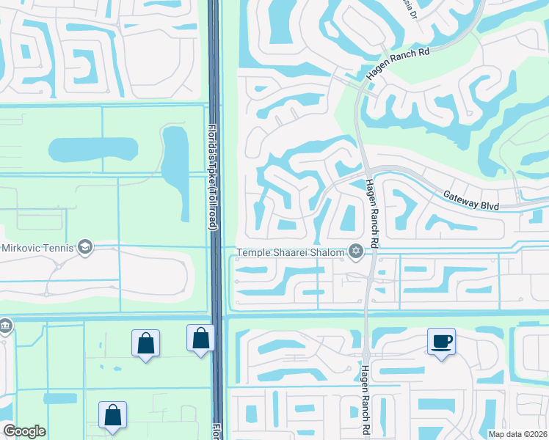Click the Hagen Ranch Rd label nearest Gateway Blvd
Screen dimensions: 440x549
[371, 213]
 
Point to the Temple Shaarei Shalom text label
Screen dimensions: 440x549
[290, 253]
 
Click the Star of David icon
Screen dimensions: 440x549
[356, 252]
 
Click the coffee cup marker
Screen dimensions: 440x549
[441, 340]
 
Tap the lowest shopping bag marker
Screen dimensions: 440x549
[112, 415]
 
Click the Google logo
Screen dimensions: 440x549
[24, 431]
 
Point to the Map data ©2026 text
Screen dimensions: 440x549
[518, 434]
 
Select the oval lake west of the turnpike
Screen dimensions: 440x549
[92, 149]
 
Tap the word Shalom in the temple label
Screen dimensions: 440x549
[329, 253]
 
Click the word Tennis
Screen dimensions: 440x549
[59, 247]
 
